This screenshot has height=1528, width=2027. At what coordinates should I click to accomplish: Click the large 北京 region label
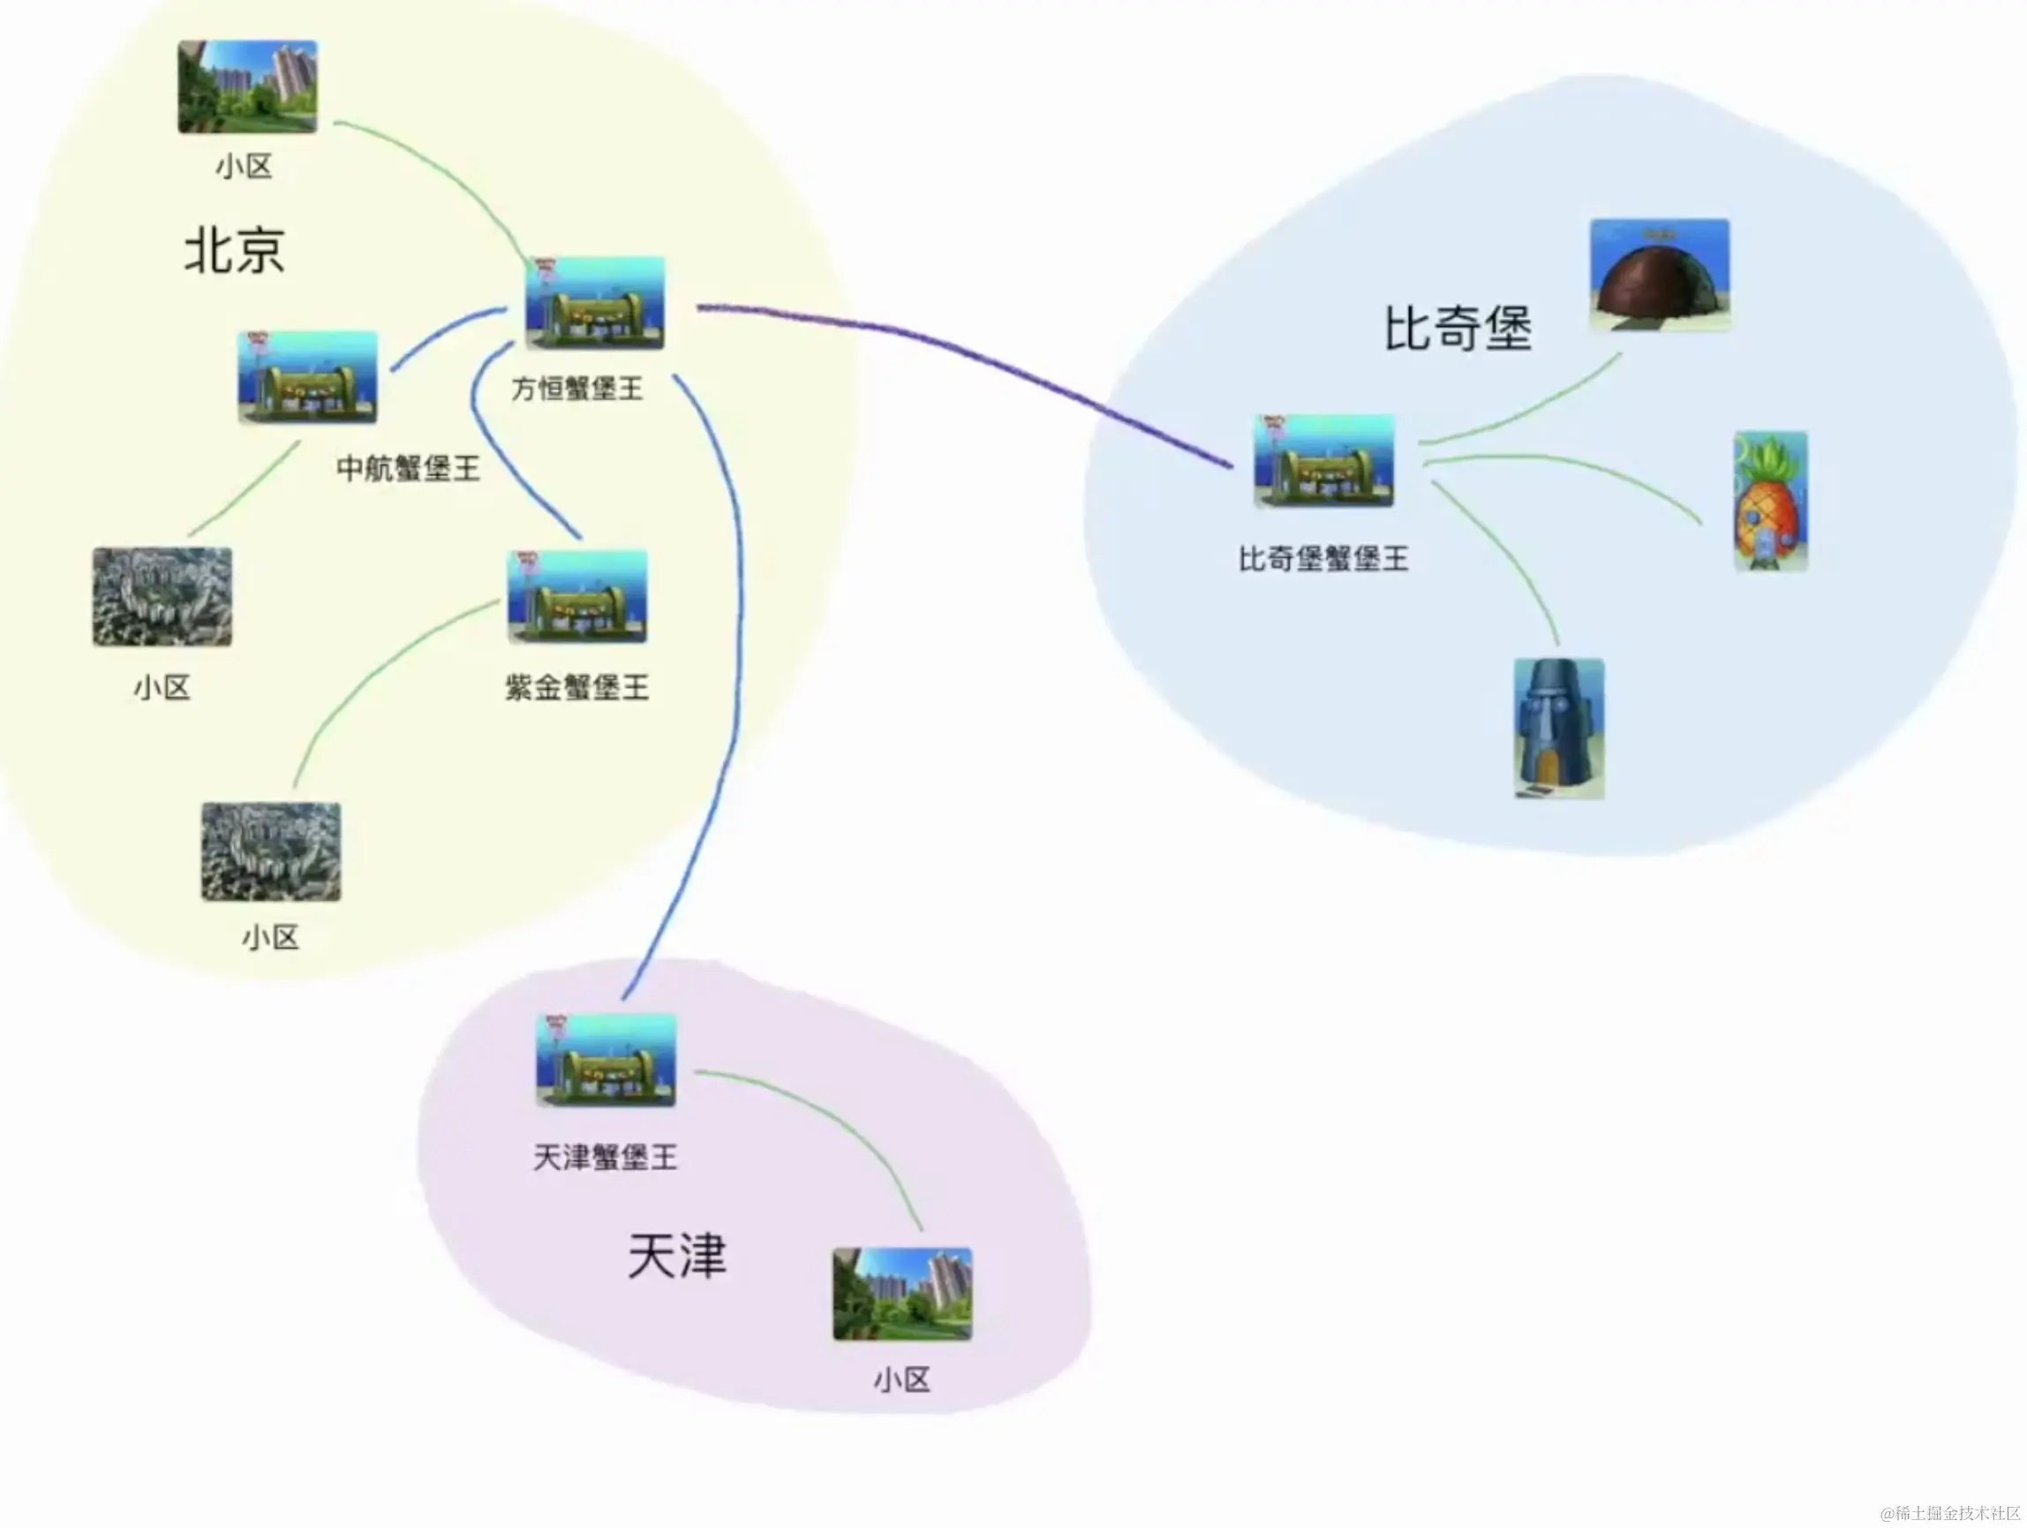click(x=235, y=250)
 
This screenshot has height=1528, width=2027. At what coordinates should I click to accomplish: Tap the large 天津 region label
click(x=677, y=1255)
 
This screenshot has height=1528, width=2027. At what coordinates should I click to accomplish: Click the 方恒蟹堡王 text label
click(x=577, y=389)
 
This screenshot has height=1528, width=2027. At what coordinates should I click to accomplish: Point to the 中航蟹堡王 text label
click(x=408, y=468)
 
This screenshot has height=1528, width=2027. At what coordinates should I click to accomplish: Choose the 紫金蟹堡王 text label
click(x=577, y=686)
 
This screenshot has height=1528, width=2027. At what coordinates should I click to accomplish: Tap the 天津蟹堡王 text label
click(x=605, y=1157)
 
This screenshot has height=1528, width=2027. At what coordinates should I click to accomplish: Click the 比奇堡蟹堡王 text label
click(x=1323, y=558)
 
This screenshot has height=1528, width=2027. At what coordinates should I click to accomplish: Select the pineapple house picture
click(x=1769, y=502)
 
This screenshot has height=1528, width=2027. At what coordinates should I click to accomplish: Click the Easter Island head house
click(x=1558, y=729)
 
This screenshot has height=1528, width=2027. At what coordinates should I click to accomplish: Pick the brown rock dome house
click(x=1660, y=274)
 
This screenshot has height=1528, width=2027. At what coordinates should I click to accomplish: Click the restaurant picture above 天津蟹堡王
click(x=606, y=1061)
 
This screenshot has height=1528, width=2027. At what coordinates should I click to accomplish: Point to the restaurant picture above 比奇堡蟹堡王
click(x=1323, y=460)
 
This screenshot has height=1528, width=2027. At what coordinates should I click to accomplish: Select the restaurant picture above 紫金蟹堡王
click(x=577, y=597)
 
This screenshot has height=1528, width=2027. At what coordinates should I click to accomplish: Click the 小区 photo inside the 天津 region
click(x=901, y=1293)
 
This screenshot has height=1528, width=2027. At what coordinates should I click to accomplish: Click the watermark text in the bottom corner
click(x=1949, y=1512)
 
